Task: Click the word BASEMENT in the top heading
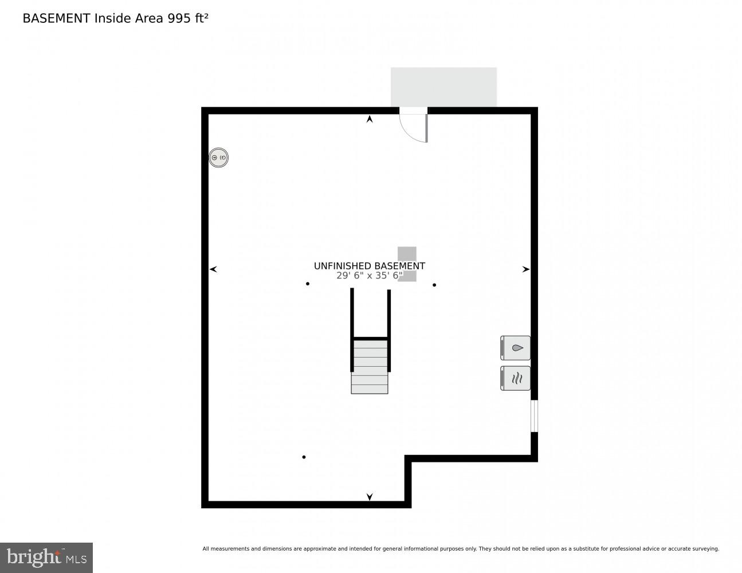click(56, 18)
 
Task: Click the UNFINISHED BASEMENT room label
click(369, 266)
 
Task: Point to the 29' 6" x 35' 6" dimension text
click(369, 276)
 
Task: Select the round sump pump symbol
click(218, 158)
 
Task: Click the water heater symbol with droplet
click(516, 348)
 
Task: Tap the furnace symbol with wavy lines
click(516, 378)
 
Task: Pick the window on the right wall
click(534, 416)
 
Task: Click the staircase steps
click(370, 367)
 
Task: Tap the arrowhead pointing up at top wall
click(370, 119)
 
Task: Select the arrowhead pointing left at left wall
click(214, 269)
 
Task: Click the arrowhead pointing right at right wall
click(525, 269)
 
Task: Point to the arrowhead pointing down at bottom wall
click(370, 496)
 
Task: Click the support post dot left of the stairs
click(308, 284)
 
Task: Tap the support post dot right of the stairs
click(434, 285)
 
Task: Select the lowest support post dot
click(304, 457)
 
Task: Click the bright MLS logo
click(46, 558)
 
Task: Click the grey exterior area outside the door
click(443, 87)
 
